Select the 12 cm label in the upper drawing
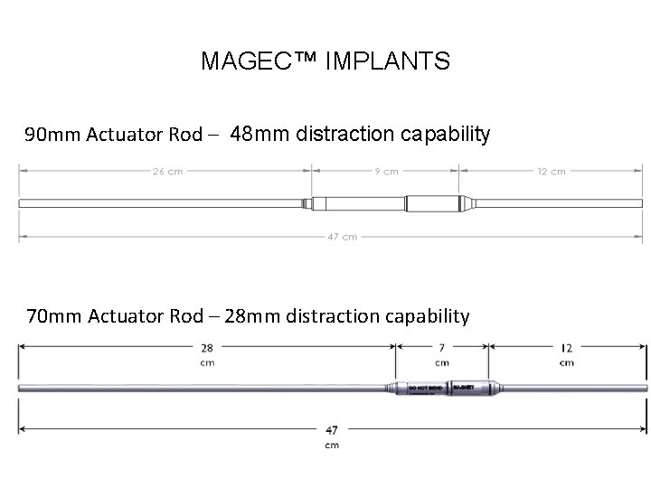(x=551, y=170)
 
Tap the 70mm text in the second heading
(x=47, y=316)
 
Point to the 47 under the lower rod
(x=334, y=431)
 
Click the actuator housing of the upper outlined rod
(x=389, y=203)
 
